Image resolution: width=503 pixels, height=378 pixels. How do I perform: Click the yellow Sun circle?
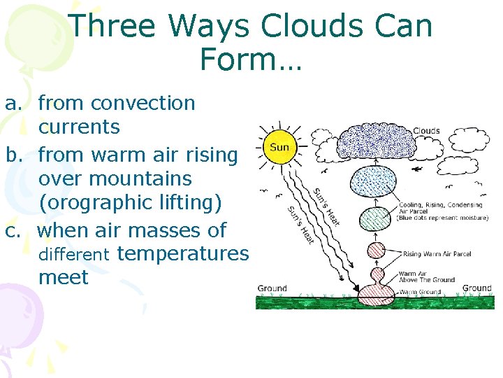pos(279,148)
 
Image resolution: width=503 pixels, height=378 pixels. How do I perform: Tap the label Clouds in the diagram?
pos(425,130)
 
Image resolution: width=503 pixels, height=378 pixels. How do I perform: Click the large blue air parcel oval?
pos(381,185)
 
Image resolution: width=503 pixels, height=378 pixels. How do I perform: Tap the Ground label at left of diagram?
pos(272,288)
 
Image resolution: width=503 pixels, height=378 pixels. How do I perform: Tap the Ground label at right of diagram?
pos(476,288)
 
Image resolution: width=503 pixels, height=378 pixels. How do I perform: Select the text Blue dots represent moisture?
pos(443,218)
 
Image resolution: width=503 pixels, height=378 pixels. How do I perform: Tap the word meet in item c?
pos(64,277)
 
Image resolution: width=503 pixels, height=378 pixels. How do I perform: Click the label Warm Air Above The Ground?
pos(426,276)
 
